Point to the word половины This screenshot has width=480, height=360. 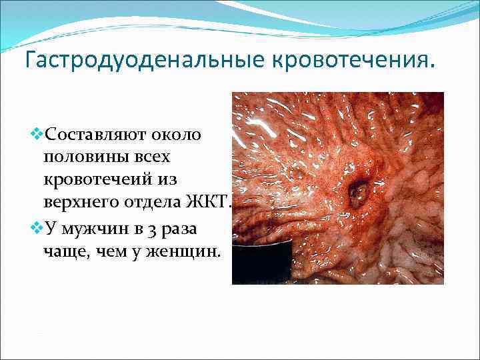[80, 158]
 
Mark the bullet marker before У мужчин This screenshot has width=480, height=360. [36, 228]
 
